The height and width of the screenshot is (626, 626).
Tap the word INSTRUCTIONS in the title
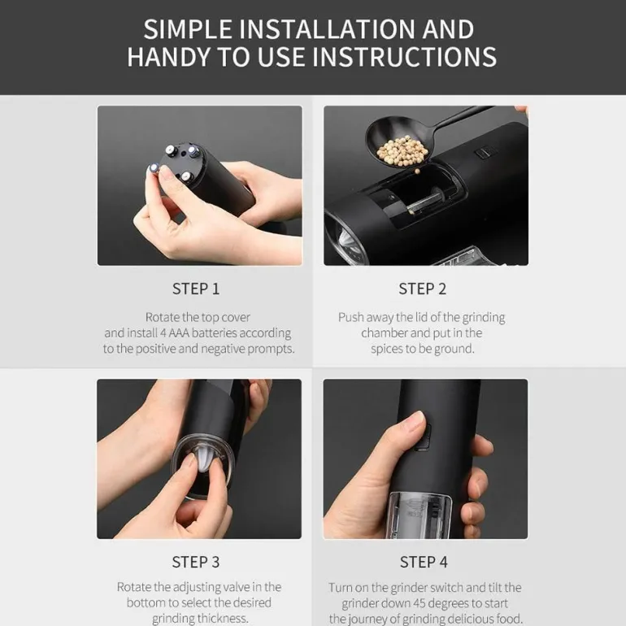click(404, 56)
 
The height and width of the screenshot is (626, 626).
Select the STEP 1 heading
click(196, 289)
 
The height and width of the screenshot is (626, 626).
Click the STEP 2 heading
click(423, 289)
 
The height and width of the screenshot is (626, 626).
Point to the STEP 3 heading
click(196, 562)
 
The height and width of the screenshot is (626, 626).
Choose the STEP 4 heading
click(424, 562)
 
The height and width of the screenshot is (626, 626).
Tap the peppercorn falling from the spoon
click(418, 171)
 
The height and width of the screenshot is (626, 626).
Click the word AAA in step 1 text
click(180, 333)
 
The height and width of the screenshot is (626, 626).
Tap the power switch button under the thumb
click(424, 437)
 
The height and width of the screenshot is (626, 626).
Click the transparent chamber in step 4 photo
click(420, 515)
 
